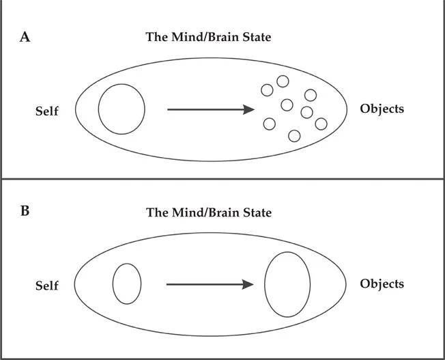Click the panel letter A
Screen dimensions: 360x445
[x=25, y=38]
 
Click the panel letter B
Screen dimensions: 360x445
[x=25, y=210]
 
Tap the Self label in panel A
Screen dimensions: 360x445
[x=47, y=111]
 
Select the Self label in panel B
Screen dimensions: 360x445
[x=47, y=286]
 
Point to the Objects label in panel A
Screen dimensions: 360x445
[x=382, y=109]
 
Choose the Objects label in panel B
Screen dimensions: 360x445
[x=382, y=283]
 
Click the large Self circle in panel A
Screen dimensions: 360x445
[x=121, y=109]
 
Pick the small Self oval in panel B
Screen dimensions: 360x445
[x=127, y=283]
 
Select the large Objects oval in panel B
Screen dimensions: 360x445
[x=287, y=284]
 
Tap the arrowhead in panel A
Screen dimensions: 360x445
[x=249, y=109]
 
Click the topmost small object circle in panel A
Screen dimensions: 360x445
[x=283, y=81]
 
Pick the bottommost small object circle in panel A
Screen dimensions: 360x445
[x=294, y=135]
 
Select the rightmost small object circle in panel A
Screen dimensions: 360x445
[x=321, y=124]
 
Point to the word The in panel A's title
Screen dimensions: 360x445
[x=157, y=38]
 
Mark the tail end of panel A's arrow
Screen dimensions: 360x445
[x=169, y=109]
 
